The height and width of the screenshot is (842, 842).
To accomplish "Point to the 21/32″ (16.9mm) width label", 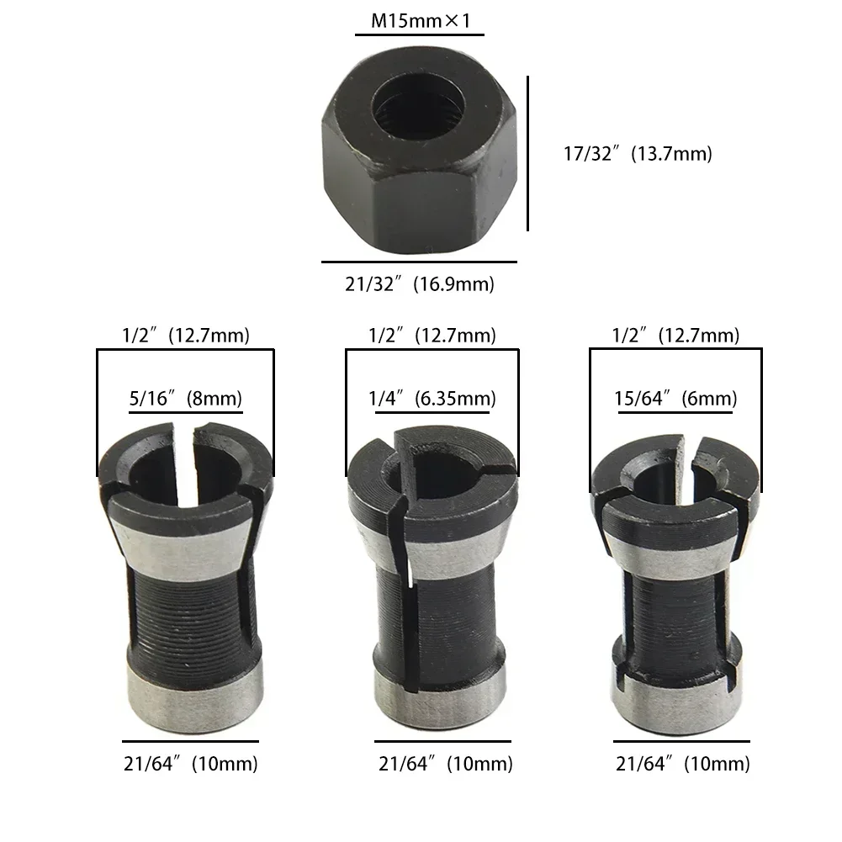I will [419, 284].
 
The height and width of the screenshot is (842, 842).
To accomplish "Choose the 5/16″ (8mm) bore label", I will [185, 398].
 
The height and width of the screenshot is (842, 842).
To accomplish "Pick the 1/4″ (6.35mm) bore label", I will [432, 398].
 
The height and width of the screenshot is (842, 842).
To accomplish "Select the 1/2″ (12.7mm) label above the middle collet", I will [432, 336].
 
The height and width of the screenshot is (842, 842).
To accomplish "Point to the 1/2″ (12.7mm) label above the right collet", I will [675, 336].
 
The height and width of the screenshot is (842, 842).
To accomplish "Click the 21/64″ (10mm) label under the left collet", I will [190, 764].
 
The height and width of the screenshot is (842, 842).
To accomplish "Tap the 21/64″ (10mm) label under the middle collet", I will [445, 764].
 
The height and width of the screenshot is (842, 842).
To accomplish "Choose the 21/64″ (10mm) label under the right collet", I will [682, 764].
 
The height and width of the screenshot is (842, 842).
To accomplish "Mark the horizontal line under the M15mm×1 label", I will [419, 35].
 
